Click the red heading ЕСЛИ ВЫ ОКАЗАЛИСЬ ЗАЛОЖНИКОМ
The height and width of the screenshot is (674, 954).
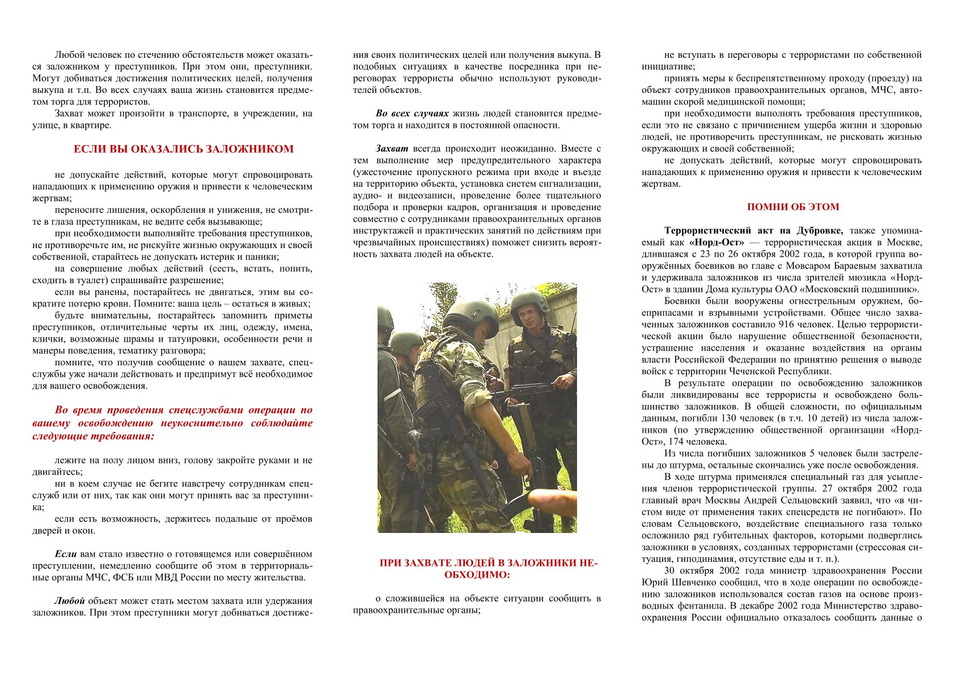tap(184, 150)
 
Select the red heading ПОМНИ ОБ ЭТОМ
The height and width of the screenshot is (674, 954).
tap(792, 207)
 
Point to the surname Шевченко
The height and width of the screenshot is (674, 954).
tap(688, 582)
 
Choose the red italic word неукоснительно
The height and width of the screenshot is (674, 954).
tap(198, 424)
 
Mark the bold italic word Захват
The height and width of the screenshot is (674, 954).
tap(392, 149)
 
